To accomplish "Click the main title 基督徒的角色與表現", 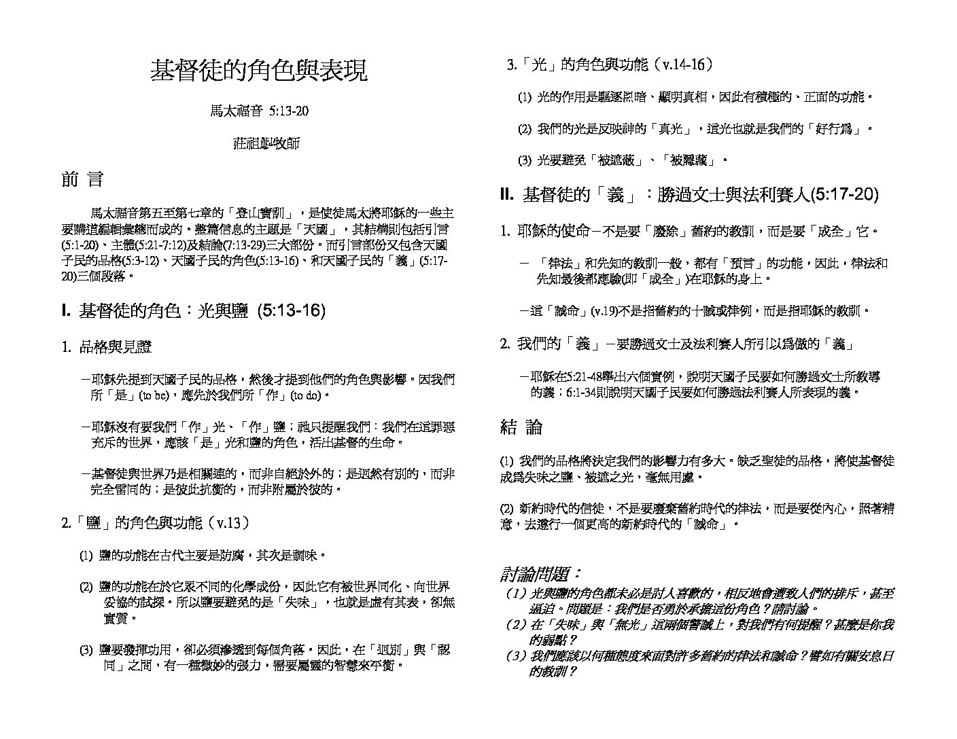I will point(258,70).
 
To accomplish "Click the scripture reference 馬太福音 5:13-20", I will point(258,111).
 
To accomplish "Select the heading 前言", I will point(82,180).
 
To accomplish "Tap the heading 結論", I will point(521,427).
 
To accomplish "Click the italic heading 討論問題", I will point(541,574).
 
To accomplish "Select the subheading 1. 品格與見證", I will point(107,348).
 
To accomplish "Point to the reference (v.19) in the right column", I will point(604,311).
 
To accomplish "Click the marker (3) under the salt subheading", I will point(86,650).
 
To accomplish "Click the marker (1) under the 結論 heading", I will point(506,461).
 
